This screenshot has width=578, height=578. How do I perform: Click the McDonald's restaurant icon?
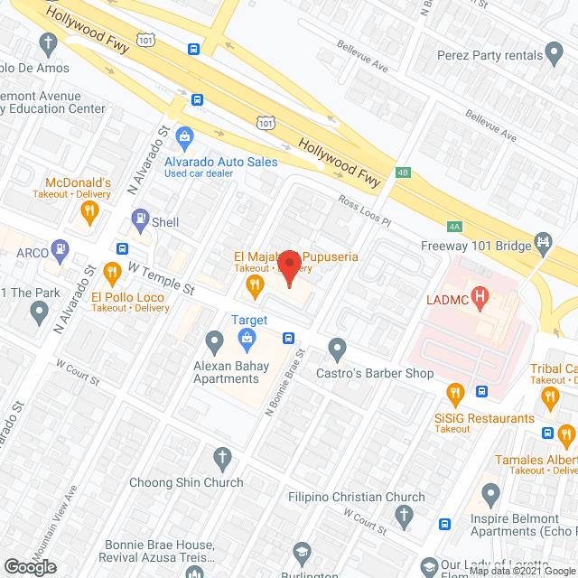[x=89, y=213]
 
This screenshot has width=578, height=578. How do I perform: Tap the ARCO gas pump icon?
[x=60, y=247]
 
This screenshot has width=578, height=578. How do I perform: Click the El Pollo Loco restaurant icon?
[x=112, y=271]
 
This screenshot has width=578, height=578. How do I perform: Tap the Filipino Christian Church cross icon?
[x=406, y=517]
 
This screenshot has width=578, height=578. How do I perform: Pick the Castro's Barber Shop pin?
[x=338, y=348]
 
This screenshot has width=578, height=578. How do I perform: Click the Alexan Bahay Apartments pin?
[x=214, y=342]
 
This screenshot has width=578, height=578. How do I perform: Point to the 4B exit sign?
[x=403, y=171]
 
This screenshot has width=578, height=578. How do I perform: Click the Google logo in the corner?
[x=30, y=566]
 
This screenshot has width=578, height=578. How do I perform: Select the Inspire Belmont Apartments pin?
[x=490, y=495]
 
